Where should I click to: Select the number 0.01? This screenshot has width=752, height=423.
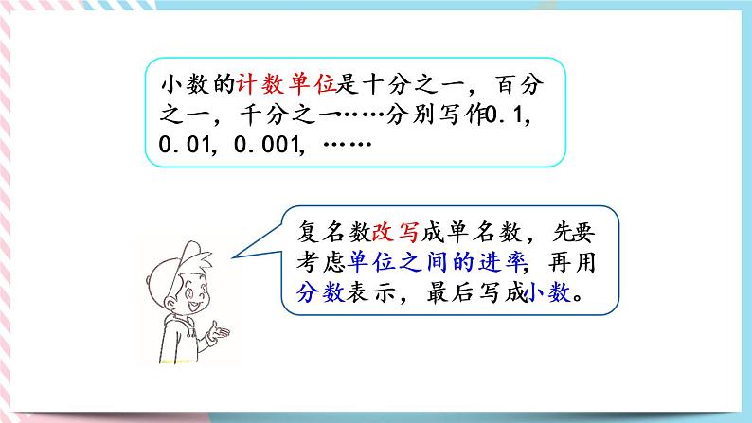click(x=184, y=148)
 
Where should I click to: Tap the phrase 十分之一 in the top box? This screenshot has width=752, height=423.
click(x=396, y=85)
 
